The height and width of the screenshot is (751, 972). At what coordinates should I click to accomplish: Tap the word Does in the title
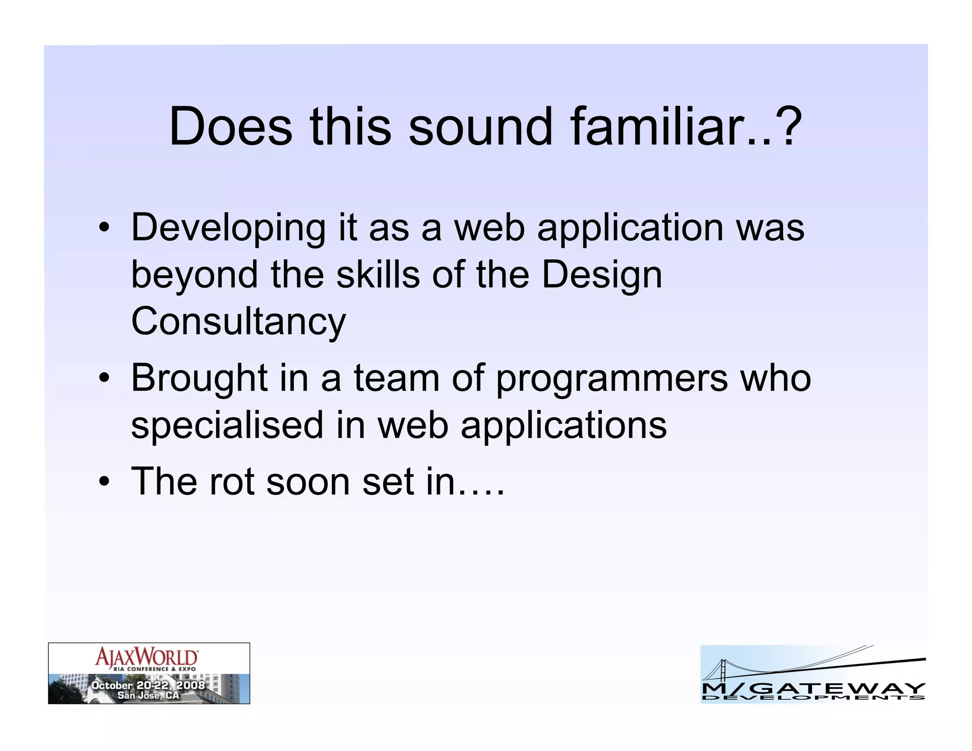coord(231,126)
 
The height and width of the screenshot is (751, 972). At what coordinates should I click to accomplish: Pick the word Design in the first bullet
coord(601,276)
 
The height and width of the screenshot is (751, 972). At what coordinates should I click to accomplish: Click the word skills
coord(378,275)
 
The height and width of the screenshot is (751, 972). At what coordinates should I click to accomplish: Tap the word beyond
coord(194,276)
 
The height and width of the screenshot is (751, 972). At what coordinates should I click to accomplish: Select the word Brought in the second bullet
coord(199,378)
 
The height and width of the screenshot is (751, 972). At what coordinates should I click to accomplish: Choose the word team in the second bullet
coord(396,378)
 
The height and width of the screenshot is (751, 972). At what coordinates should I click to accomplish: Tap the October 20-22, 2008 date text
coord(148,685)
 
